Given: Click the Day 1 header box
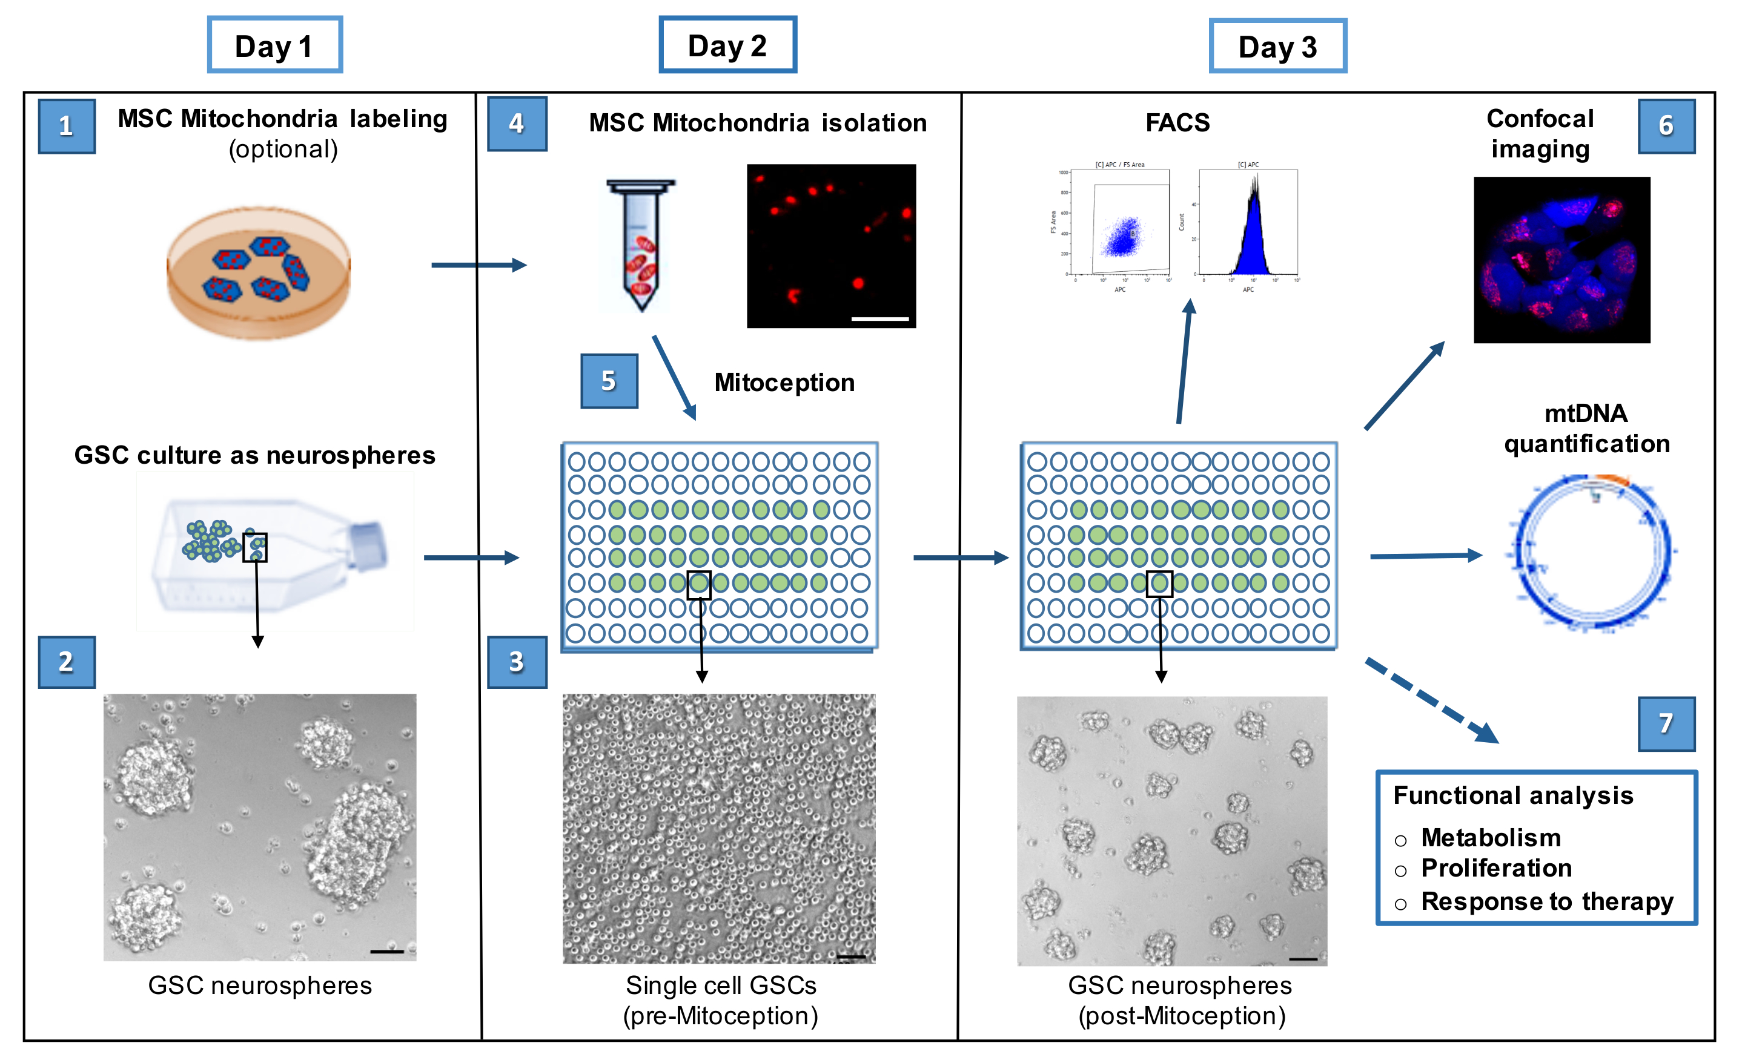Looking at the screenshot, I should click(x=274, y=45).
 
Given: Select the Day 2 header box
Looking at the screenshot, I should click(x=727, y=45).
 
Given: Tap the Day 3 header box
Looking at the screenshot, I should click(x=1277, y=47).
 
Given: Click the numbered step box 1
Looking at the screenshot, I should click(x=67, y=126).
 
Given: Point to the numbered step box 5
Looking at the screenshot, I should click(x=609, y=381).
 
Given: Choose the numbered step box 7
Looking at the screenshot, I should click(x=1666, y=723).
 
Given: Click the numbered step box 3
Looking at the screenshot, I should click(x=517, y=662).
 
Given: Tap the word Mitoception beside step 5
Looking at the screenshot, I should click(x=784, y=383).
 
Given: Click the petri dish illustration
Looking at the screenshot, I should click(x=258, y=272).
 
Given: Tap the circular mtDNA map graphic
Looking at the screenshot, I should click(x=1592, y=553).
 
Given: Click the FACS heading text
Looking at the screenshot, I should click(x=1177, y=122).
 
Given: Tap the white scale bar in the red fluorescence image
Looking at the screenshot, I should click(x=879, y=319).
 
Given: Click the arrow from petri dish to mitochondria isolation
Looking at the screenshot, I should click(x=478, y=265).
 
